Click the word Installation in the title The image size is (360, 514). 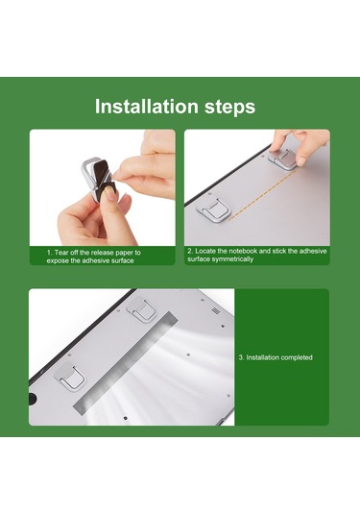tap(147, 107)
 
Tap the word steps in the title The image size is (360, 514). tap(230, 108)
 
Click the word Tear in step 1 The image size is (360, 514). tap(61, 253)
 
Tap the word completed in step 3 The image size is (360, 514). tap(296, 357)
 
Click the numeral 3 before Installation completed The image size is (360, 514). tap(240, 357)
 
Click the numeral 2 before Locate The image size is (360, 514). tap(190, 251)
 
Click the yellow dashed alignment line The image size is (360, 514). tap(262, 194)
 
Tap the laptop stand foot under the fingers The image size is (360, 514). tap(283, 159)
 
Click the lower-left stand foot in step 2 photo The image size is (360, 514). tap(212, 210)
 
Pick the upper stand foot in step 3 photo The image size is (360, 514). tap(141, 309)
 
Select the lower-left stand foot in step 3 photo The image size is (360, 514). tap(70, 377)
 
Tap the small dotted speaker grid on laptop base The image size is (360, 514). tap(215, 310)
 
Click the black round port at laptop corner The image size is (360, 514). tap(32, 398)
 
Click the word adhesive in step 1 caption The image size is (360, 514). tap(94, 261)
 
